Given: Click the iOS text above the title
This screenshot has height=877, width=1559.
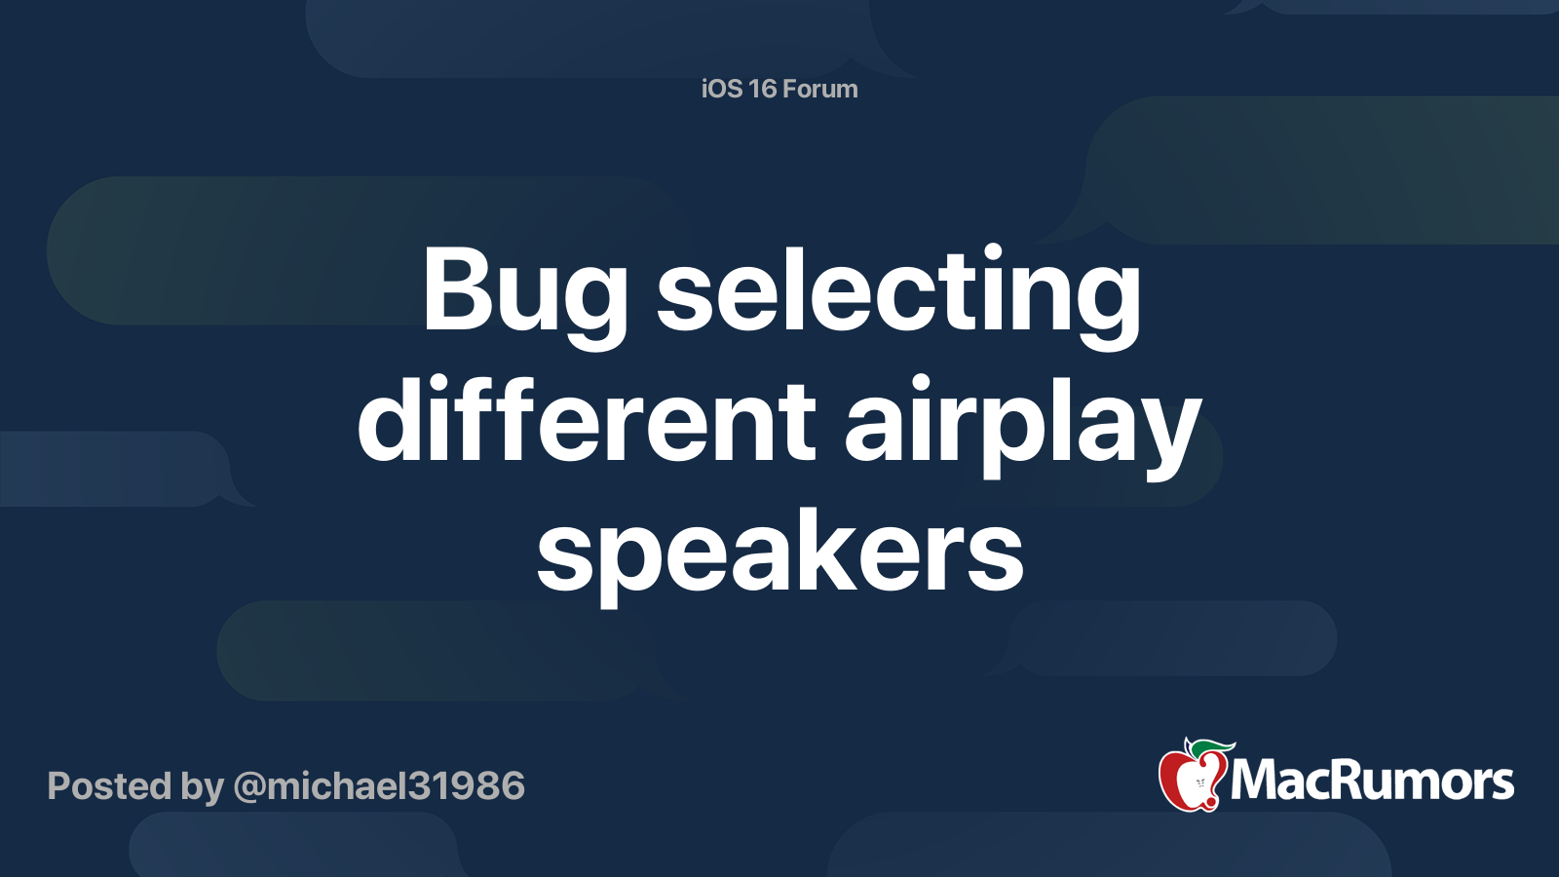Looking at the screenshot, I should (721, 89).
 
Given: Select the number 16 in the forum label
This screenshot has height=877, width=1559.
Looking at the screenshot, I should (763, 89).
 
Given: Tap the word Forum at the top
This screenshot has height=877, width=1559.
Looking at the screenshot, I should (819, 89).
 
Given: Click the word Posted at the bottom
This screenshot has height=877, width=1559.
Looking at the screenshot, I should (109, 786).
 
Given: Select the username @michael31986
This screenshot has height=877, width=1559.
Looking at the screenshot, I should (379, 786).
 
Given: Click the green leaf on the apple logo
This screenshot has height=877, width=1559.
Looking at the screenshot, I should (1213, 748).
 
